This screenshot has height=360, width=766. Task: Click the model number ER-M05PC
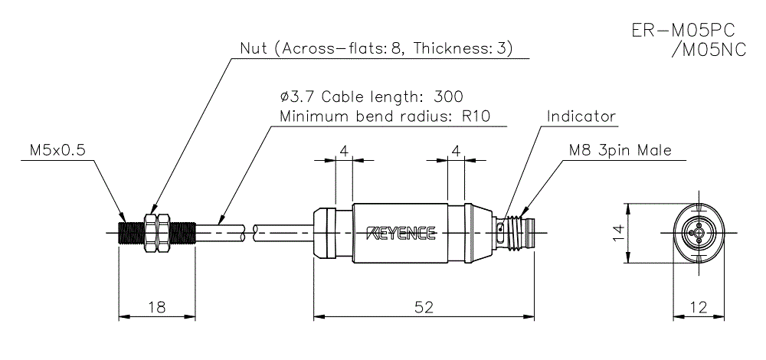(683, 31)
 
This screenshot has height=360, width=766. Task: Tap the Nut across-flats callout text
(376, 49)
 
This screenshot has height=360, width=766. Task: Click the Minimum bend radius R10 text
(384, 117)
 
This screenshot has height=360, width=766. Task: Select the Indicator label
(581, 116)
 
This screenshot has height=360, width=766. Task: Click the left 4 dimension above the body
(344, 151)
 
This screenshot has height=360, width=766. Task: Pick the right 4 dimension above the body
(457, 151)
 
